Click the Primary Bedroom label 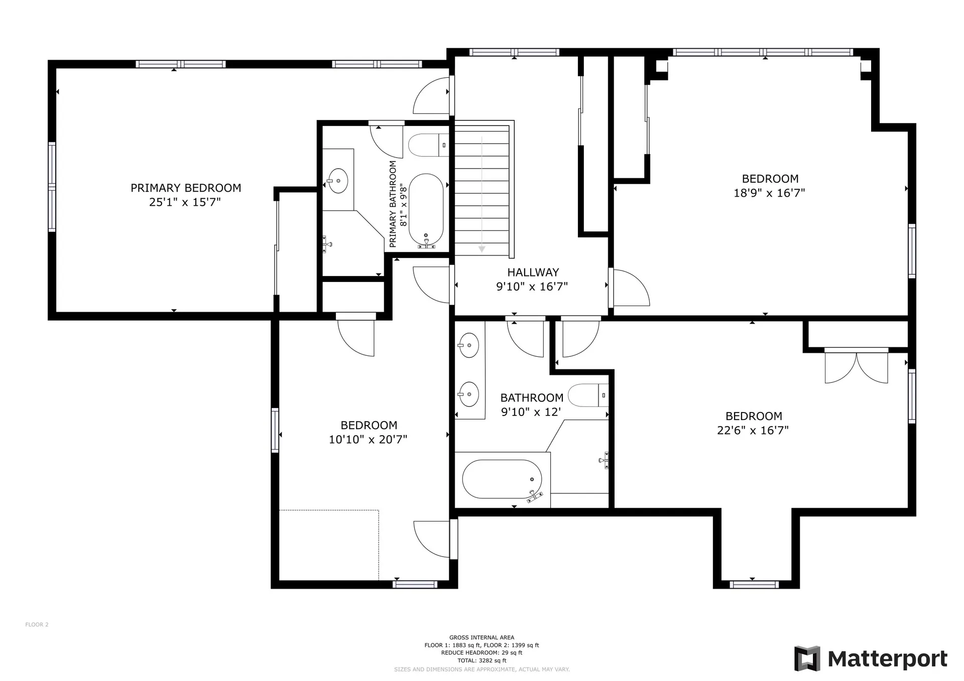(x=186, y=188)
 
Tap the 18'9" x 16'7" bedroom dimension (x=769, y=193)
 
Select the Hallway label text (x=533, y=273)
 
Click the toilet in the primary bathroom (x=428, y=145)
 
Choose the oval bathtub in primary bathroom (x=426, y=211)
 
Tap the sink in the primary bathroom (x=338, y=180)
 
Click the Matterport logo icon (x=807, y=658)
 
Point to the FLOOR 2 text (x=37, y=625)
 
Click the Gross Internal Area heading (x=481, y=638)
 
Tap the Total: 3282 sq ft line (x=481, y=661)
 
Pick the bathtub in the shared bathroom (x=502, y=479)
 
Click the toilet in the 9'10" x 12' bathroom (x=588, y=395)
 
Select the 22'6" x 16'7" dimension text (x=753, y=430)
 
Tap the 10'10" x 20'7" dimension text (x=368, y=439)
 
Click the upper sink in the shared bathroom (x=469, y=345)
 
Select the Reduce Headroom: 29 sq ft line (x=481, y=653)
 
